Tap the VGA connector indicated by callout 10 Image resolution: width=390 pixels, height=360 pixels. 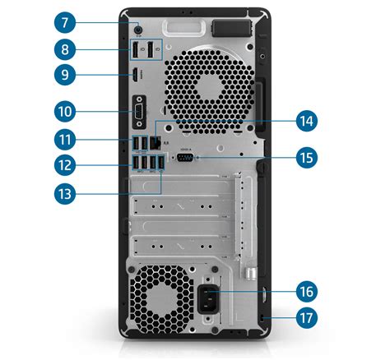(x=139, y=109)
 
